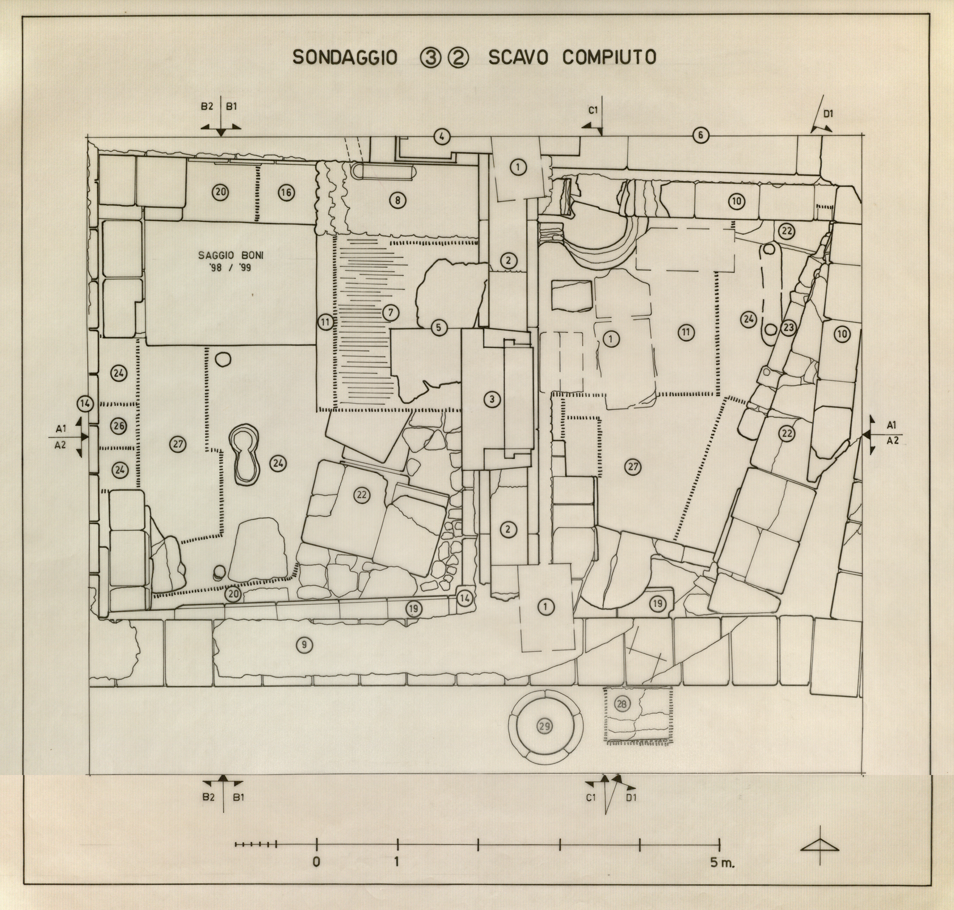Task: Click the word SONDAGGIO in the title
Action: pos(345,58)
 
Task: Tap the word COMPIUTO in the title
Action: pos(609,57)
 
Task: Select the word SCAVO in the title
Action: pos(518,57)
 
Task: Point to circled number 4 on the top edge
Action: pos(441,137)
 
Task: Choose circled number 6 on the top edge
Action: pos(700,136)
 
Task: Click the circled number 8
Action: pos(397,200)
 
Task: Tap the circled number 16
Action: pos(286,193)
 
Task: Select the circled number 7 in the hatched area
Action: pos(391,313)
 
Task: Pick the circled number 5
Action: pos(439,327)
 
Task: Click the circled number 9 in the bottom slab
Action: pos(304,645)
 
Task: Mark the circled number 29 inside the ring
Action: pos(545,726)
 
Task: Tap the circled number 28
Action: pos(622,704)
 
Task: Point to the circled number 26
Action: pos(119,427)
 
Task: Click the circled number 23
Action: pos(788,327)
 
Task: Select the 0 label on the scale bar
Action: pos(317,862)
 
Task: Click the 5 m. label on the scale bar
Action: pos(723,862)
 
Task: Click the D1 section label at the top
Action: pos(829,114)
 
